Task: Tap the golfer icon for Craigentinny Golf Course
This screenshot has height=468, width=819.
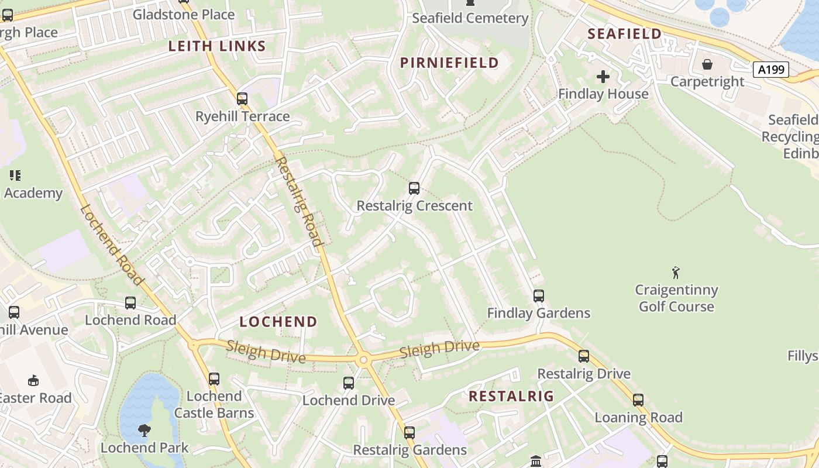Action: pyautogui.click(x=676, y=273)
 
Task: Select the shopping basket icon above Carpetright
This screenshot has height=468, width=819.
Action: pyautogui.click(x=707, y=64)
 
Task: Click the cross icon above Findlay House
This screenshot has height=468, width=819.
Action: pyautogui.click(x=603, y=77)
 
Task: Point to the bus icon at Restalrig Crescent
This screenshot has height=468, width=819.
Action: pyautogui.click(x=414, y=188)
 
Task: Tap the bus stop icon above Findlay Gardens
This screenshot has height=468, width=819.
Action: pyautogui.click(x=539, y=296)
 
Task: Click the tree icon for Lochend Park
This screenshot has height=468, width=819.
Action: pyautogui.click(x=144, y=431)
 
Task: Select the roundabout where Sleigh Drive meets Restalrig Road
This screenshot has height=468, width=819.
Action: pyautogui.click(x=363, y=359)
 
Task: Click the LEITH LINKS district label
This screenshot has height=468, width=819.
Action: pyautogui.click(x=217, y=46)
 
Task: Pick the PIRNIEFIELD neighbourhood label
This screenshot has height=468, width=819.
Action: pyautogui.click(x=449, y=63)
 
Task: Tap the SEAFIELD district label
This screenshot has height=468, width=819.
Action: pyautogui.click(x=624, y=34)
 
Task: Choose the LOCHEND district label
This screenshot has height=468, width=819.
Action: pyautogui.click(x=278, y=322)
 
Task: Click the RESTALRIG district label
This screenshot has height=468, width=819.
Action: pyautogui.click(x=511, y=396)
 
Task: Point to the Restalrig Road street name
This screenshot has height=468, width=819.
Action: pyautogui.click(x=299, y=201)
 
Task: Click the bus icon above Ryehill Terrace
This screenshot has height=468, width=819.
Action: pyautogui.click(x=242, y=99)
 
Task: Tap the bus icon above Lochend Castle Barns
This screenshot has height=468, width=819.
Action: pyautogui.click(x=214, y=379)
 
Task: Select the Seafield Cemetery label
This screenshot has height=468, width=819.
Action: pyautogui.click(x=470, y=18)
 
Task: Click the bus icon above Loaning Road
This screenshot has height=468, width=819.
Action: pyautogui.click(x=638, y=400)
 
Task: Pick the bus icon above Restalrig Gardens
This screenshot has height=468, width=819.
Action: pyautogui.click(x=409, y=433)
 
